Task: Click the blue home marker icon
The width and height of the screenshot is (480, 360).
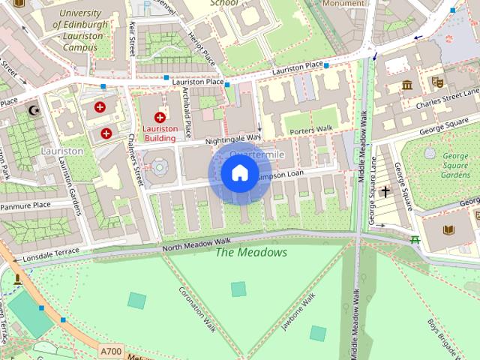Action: pos(239,174)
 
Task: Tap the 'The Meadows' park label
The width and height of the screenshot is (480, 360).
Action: pos(251,253)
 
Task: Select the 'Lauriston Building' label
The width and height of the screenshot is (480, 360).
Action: pos(160,133)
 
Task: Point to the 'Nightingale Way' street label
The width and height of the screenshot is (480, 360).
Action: pos(232,139)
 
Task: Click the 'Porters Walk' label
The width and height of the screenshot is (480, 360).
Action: pos(313,129)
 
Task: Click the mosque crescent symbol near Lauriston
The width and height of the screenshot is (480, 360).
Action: pos(32,110)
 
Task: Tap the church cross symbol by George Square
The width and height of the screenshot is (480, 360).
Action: pos(385,192)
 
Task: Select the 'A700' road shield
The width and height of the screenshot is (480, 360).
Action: pos(109,350)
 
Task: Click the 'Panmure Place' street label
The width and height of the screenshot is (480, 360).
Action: pos(25,204)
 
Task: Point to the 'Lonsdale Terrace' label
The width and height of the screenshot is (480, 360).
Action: pos(50,254)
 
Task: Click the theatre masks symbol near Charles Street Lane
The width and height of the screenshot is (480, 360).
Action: pos(437,81)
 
